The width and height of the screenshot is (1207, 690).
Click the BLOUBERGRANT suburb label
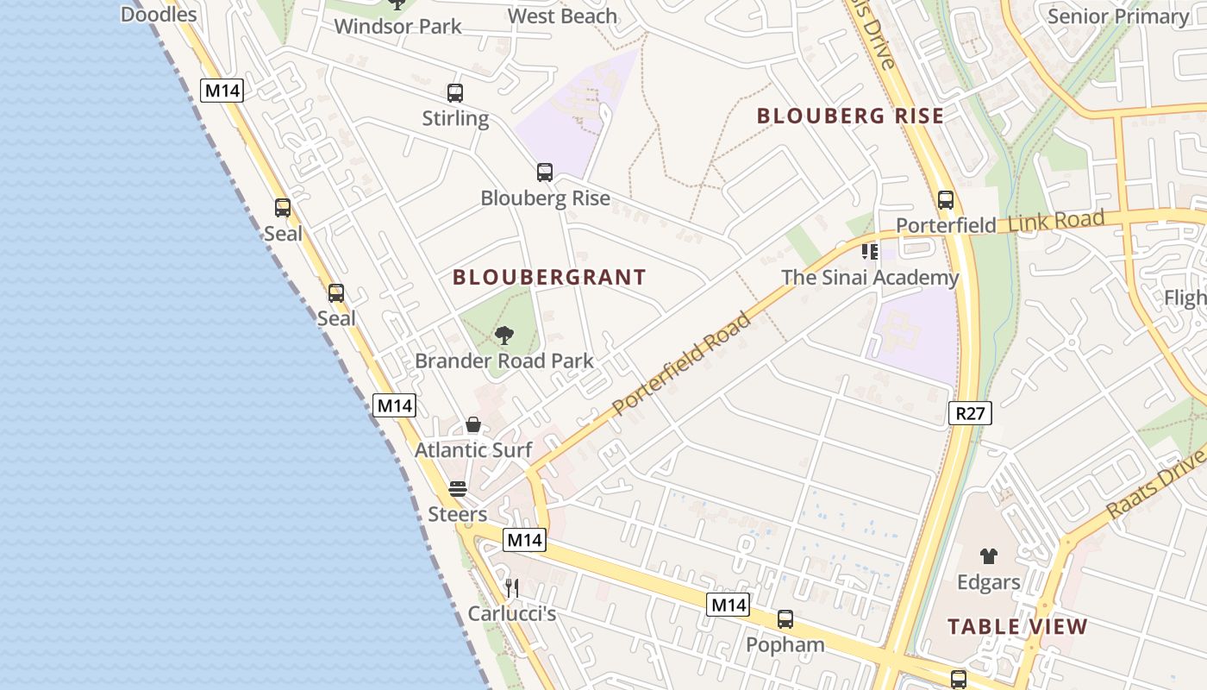[x=549, y=277]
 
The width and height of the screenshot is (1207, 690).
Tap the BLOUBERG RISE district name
[x=850, y=116]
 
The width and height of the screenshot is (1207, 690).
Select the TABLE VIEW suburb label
[x=1017, y=627]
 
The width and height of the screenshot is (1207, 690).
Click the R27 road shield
[x=970, y=413]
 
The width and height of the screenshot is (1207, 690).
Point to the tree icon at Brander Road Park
[x=504, y=336]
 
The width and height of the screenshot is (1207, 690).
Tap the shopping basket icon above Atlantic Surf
[x=473, y=424]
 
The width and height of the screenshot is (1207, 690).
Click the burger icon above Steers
[x=458, y=489]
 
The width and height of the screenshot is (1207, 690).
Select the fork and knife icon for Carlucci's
[x=512, y=588]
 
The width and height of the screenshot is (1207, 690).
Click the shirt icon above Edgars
[x=988, y=557]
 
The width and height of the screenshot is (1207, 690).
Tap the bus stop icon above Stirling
[x=455, y=93]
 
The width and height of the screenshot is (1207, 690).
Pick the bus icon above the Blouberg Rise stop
[x=545, y=172]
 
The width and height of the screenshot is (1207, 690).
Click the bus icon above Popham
[x=785, y=619]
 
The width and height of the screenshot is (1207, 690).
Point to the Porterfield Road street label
[x=681, y=364]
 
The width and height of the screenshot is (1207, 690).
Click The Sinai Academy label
[x=870, y=278]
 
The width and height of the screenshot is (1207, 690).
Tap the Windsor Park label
[x=397, y=26]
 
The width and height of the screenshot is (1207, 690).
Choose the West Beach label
[x=562, y=16]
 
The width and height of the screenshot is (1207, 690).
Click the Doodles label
[x=159, y=14]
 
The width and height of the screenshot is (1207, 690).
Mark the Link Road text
[x=1055, y=221]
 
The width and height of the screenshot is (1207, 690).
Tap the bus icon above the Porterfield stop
[x=946, y=200]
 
